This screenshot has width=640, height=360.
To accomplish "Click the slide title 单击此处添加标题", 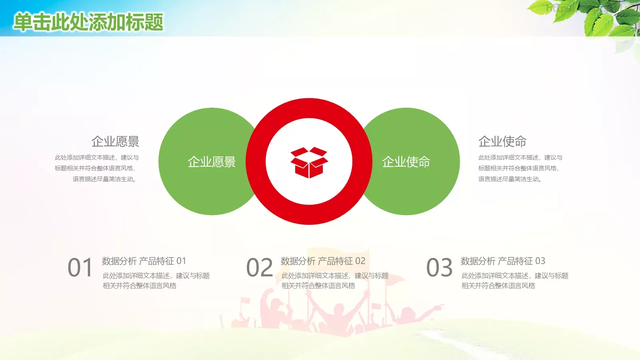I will click(88, 22).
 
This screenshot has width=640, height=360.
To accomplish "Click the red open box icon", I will click(309, 162).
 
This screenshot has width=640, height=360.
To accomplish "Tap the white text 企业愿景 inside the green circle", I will click(212, 162).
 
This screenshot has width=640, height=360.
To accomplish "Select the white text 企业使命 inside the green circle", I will click(406, 162).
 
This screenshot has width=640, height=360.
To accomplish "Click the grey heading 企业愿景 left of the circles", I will click(115, 141).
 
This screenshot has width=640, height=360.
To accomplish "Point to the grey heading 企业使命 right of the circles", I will click(502, 141).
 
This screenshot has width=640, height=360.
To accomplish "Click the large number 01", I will click(80, 268).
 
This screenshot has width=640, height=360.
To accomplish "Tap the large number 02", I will click(260, 268).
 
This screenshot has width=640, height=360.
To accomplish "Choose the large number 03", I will click(439, 268).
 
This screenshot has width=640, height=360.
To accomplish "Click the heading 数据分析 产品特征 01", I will click(144, 261).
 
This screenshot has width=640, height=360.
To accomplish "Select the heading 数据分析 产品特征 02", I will click(323, 261).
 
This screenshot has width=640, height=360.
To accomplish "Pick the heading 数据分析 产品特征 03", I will click(503, 261).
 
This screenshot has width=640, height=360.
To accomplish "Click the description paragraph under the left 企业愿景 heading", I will click(97, 168).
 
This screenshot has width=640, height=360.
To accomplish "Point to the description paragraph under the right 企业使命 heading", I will click(520, 168).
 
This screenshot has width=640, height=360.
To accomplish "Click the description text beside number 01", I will click(156, 280).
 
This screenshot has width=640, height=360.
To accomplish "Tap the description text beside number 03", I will click(515, 280).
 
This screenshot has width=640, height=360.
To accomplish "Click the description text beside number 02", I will click(335, 280).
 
